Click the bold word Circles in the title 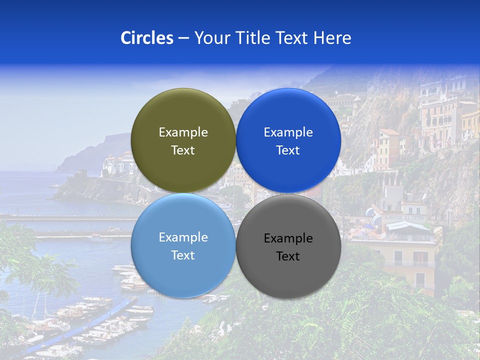coord(147,38)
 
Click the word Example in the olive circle coord(183,132)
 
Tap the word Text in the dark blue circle coord(288,150)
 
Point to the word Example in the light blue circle coord(183,237)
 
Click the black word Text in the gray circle coord(288,256)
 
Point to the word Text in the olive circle coord(183,150)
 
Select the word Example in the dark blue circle coord(288,132)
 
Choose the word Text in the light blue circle coord(183,255)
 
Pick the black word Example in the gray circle coord(288,238)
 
